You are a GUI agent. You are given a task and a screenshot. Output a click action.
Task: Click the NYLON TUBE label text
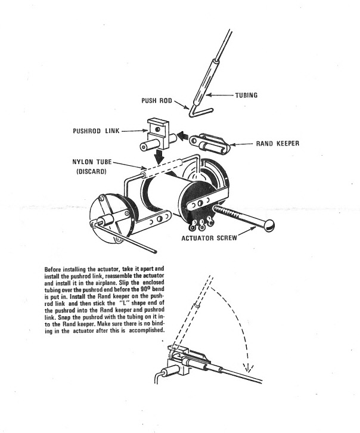[x=91, y=162]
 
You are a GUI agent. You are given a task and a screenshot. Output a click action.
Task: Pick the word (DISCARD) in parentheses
[x=91, y=172]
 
